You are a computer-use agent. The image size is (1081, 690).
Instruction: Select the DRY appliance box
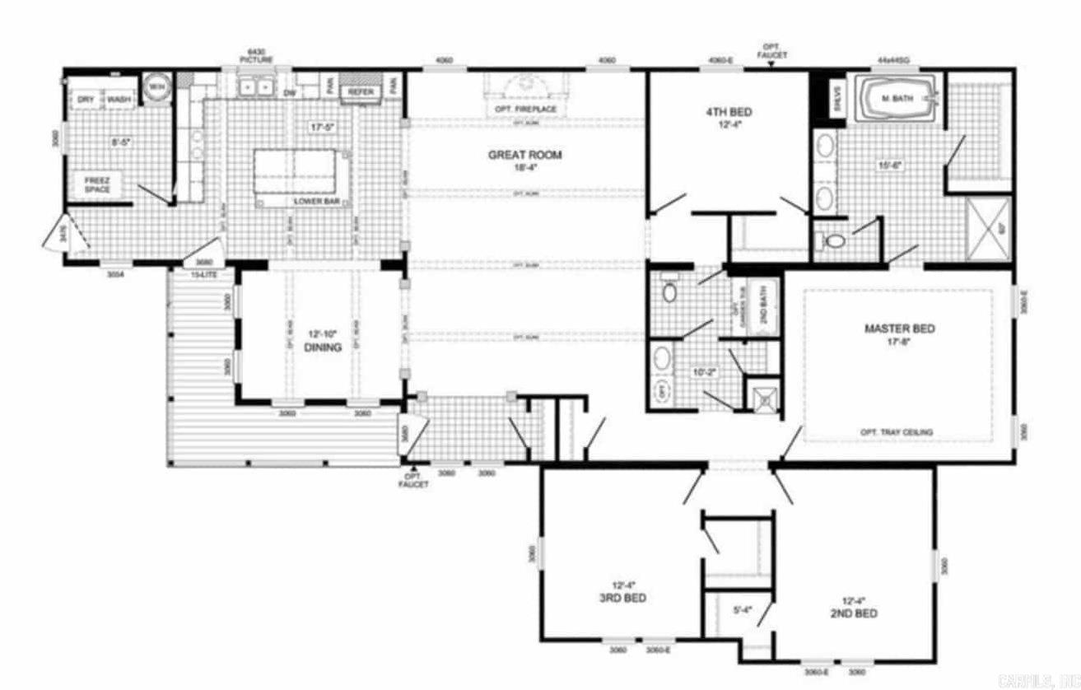pos(86,100)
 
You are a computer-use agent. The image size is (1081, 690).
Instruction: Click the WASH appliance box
pos(119,100)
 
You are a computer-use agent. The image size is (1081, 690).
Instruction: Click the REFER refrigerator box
pos(361,92)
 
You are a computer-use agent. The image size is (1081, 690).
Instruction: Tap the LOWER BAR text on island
pos(312,201)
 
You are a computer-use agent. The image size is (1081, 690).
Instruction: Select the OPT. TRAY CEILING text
pos(897,432)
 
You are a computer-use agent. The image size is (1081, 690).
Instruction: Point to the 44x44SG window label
pos(893,60)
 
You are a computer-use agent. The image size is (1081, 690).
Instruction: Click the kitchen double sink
pos(255,86)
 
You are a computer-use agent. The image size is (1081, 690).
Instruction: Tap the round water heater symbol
pos(156,86)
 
